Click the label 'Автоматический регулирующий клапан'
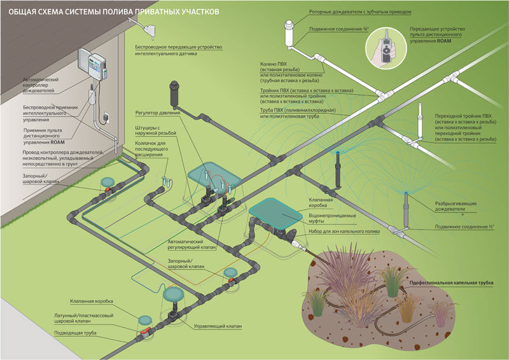pyautogui.click(x=192, y=245)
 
